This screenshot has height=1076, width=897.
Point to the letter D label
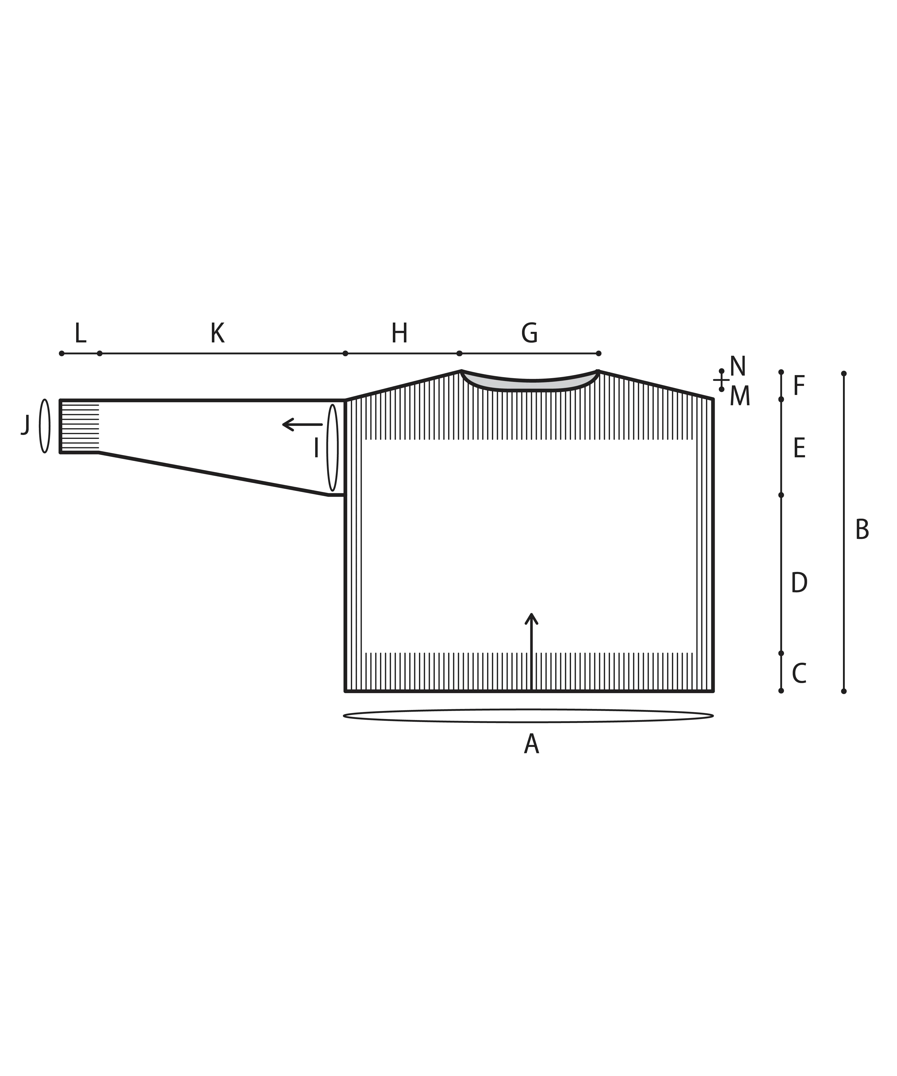(x=799, y=583)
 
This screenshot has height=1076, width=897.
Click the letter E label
(x=799, y=448)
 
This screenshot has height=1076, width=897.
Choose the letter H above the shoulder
(x=400, y=334)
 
